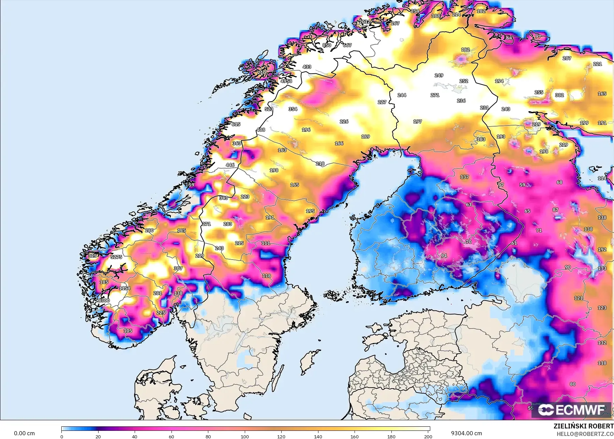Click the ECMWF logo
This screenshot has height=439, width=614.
pos(571,409)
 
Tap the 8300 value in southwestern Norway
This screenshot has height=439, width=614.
pos(104,301)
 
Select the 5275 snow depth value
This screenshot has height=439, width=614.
pos(116,257)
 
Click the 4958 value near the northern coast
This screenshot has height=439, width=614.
pos(286,81)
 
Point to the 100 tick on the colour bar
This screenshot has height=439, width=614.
pos(245,437)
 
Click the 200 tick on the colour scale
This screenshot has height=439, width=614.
pos(428,437)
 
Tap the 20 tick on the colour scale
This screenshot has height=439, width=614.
pos(98,437)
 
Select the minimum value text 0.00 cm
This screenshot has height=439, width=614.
pos(24,433)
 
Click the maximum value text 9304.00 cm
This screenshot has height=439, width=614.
pos(466,433)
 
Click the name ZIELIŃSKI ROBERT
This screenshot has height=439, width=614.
pos(583,426)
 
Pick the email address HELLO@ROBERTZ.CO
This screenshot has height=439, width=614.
pos(585,434)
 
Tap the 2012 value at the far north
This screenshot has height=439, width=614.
pos(365,21)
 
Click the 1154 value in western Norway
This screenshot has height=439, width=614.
pos(124,288)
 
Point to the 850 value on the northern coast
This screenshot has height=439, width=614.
pos(327,45)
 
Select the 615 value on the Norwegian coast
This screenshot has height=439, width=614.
pos(236,124)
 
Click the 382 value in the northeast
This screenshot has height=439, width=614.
pos(559,95)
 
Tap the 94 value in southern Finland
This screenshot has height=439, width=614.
pos(444,255)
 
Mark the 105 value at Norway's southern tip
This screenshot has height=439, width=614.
pos(128,331)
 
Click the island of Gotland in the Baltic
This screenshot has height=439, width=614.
pos(309,362)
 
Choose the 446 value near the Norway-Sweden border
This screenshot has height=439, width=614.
pos(230,165)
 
